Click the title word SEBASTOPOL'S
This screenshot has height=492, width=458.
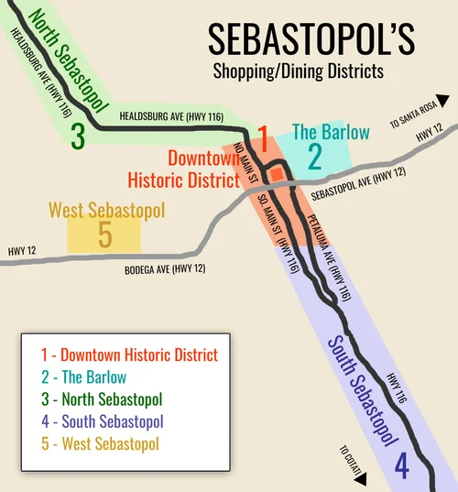[x=311, y=39]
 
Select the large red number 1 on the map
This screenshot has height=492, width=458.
[x=262, y=141]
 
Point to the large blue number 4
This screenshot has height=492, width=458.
[x=401, y=467]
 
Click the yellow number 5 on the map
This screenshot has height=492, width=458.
[x=104, y=236]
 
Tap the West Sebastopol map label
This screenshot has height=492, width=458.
[x=106, y=211]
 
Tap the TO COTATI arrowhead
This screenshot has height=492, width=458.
[x=359, y=478]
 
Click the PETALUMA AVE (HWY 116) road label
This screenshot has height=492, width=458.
[x=331, y=258]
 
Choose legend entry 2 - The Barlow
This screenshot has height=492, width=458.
[x=83, y=377]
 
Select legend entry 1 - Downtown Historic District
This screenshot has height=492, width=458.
[x=129, y=355]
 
